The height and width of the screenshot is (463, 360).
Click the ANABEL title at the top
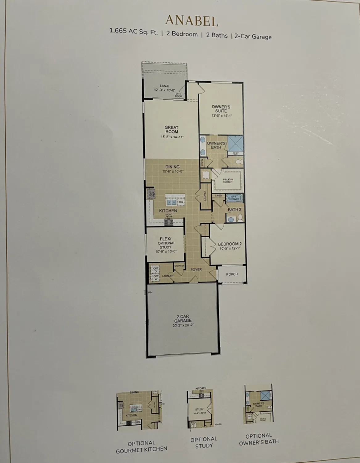192,20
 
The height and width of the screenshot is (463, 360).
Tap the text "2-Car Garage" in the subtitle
253,36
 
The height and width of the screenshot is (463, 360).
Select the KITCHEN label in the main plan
168,211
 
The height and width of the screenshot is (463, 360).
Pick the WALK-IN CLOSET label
228,181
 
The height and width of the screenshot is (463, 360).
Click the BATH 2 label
234,210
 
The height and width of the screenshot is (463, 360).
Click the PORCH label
232,274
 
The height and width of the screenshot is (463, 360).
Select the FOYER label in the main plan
196,269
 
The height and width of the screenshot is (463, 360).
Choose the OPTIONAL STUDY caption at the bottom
204,442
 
